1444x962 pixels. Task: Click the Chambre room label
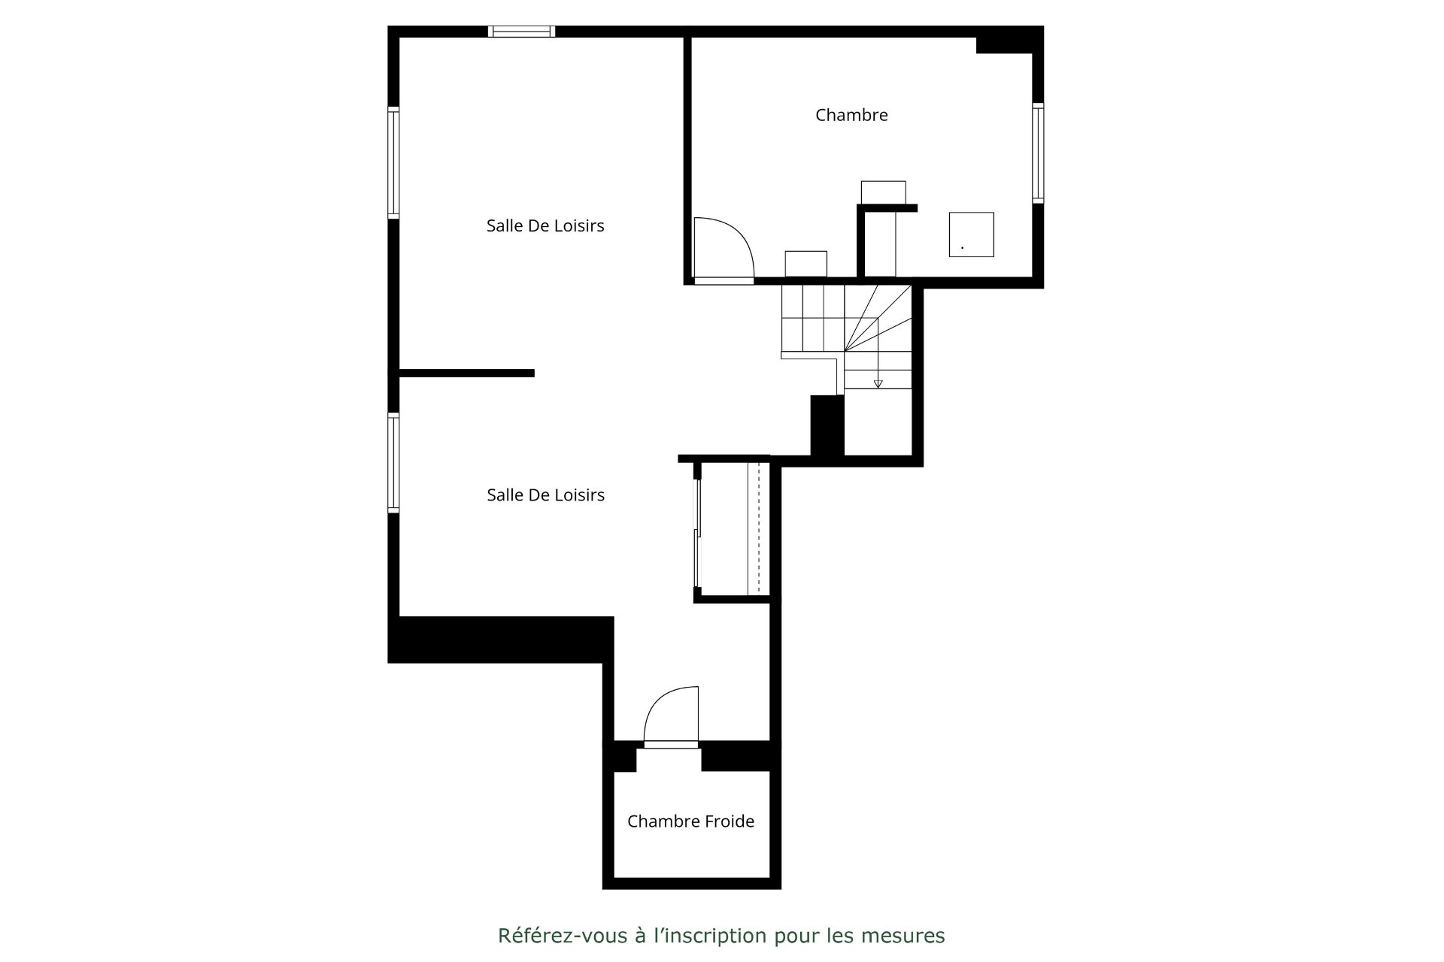click(851, 115)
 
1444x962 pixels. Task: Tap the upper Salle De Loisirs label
click(545, 225)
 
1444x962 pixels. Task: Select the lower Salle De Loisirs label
click(545, 495)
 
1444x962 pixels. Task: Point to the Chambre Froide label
click(690, 821)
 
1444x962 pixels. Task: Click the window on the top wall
click(521, 31)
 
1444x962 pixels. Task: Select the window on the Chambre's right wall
click(1038, 153)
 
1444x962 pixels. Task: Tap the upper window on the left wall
click(393, 162)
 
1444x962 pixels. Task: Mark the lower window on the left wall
click(393, 462)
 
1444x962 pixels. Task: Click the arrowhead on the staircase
click(878, 384)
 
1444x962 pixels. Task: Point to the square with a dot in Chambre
click(971, 234)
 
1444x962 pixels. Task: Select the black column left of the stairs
click(827, 425)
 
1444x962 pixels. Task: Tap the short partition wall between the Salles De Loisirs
click(466, 373)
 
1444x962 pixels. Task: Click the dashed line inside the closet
click(759, 528)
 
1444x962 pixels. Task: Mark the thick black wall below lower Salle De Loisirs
click(500, 640)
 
